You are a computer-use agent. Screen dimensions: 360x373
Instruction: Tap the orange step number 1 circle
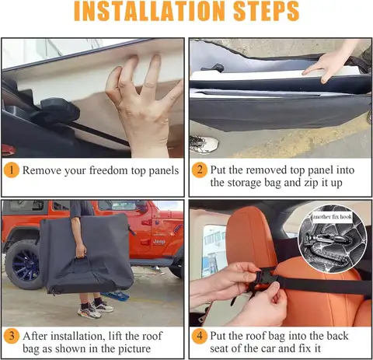[12, 169]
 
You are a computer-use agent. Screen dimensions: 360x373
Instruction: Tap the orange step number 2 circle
[200, 169]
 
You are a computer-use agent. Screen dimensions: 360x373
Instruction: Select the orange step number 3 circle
[12, 336]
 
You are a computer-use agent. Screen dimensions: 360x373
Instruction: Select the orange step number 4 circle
[200, 336]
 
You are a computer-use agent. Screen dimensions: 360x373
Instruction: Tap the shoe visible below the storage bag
[204, 144]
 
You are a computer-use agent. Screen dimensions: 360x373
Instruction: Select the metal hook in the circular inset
[333, 241]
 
